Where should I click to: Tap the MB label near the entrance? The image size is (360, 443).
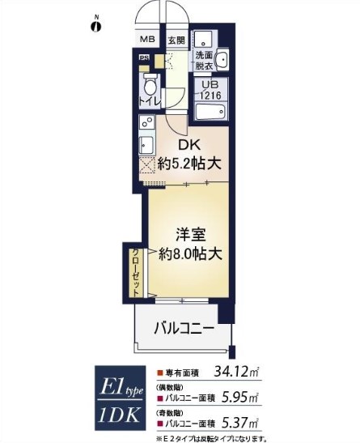pyautogui.click(x=147, y=40)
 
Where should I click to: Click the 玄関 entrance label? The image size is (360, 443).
pyautogui.click(x=176, y=40)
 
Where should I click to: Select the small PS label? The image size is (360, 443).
pyautogui.click(x=144, y=58)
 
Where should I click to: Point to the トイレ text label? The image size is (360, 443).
pyautogui.click(x=150, y=101)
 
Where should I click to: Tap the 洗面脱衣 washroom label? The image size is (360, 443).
pyautogui.click(x=204, y=61)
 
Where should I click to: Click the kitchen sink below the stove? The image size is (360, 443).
pyautogui.click(x=146, y=145)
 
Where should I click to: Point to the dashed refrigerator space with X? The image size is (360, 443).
pyautogui.click(x=146, y=167)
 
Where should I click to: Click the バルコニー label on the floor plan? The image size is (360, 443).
pyautogui.click(x=184, y=329)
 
